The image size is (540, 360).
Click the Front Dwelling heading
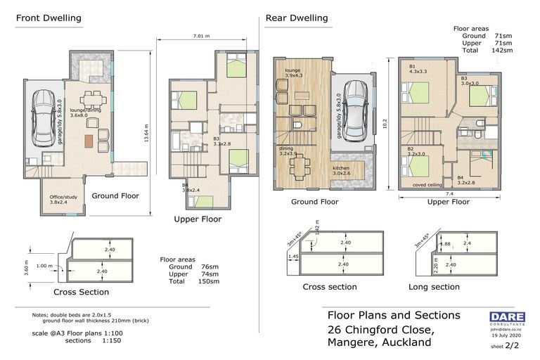tap(49, 18)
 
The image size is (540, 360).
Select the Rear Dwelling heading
tap(296, 18)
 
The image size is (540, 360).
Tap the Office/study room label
tap(63, 200)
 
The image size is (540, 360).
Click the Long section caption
tap(435, 287)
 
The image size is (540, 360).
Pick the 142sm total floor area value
tap(502, 50)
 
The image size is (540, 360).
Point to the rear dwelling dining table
tap(300, 166)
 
